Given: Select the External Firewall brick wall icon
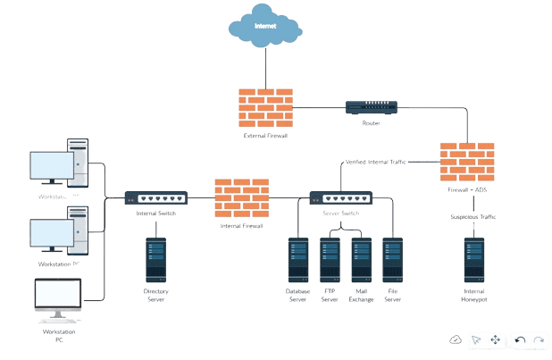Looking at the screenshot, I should point(264,108).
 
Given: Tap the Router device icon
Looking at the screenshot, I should point(372,107).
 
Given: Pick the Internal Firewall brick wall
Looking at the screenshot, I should point(241,198).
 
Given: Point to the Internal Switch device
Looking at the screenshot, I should point(155,198).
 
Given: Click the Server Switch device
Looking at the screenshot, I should point(340,198).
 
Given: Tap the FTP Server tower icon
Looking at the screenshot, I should point(330,259).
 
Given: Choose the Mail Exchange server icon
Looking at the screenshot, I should point(361,259).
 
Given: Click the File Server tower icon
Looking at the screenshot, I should point(392,259).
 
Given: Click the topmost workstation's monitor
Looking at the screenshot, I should point(51,168).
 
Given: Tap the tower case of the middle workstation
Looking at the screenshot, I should point(79,230).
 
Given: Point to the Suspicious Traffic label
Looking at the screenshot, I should point(473,217).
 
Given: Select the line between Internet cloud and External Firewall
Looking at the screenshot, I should point(264,67).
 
